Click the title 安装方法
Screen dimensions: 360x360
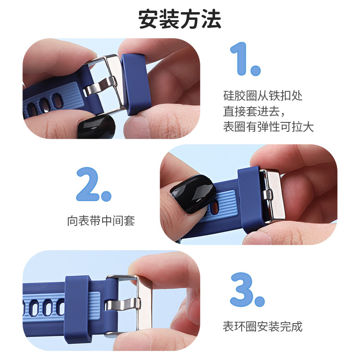180,19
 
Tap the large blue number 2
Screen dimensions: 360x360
93,184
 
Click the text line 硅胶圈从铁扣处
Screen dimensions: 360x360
263,96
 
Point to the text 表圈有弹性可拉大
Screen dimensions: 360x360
268,126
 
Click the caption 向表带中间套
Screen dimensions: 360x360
101,221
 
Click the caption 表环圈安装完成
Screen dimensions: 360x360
263,326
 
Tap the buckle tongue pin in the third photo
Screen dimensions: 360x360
121,305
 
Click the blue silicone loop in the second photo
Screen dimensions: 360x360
248,198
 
